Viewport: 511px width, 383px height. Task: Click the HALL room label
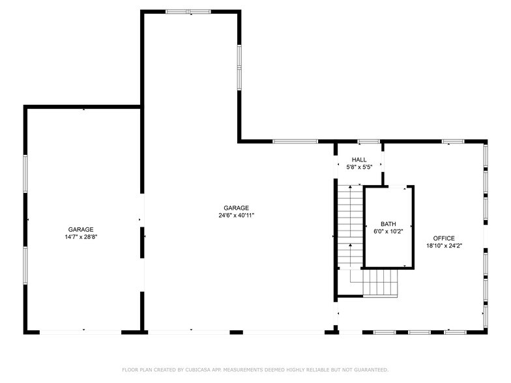(x=358, y=160)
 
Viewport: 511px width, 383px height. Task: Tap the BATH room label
(x=388, y=224)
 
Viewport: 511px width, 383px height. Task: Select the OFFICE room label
(x=444, y=238)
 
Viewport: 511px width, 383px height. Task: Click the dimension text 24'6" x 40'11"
(x=236, y=215)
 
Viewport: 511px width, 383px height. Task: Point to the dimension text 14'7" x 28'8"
(x=81, y=237)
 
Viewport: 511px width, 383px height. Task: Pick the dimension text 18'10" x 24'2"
(x=445, y=246)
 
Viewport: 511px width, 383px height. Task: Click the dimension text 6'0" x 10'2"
(x=388, y=232)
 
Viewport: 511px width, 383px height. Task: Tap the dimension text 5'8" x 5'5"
(x=358, y=167)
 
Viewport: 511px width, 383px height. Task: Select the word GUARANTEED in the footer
(x=372, y=370)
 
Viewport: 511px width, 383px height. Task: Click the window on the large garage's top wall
(x=188, y=12)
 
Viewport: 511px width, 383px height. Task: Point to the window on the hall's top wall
(x=369, y=141)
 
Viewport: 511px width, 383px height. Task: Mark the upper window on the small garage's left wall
(x=25, y=173)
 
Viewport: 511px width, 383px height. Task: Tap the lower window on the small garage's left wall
(x=25, y=266)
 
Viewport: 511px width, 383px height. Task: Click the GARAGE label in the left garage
(x=81, y=229)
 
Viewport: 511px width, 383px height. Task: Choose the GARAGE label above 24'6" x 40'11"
(x=236, y=208)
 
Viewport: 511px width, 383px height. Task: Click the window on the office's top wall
(x=453, y=141)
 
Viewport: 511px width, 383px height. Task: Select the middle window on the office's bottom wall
(x=419, y=332)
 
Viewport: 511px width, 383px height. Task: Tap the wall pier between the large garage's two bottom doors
(x=236, y=332)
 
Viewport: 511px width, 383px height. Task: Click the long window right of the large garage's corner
(x=295, y=141)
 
